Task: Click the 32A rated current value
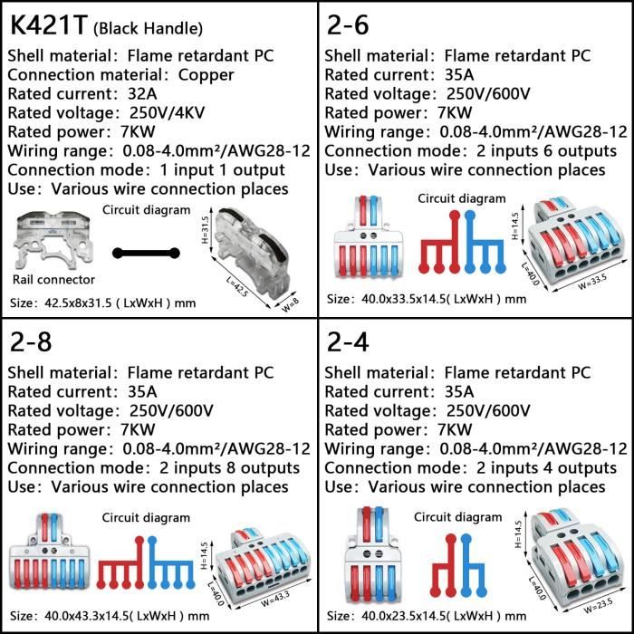pos(147,94)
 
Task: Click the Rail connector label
pos(53,280)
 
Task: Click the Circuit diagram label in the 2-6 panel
pos(462,198)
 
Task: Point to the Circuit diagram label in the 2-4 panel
pos(457,517)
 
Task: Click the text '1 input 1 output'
pos(224,170)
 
